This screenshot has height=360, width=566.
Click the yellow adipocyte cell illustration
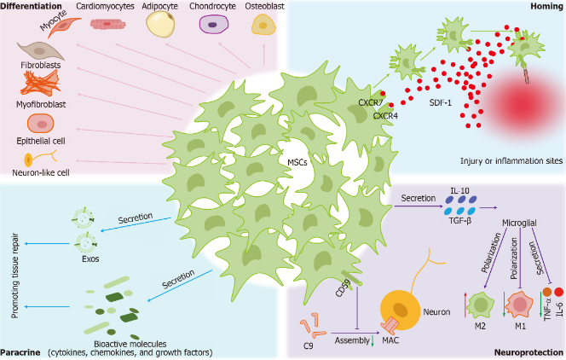coord(159,26)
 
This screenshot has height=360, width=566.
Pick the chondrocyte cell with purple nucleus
coord(209,26)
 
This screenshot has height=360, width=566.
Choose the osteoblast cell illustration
coord(261,26)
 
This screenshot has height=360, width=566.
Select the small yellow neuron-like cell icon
coord(29,159)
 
